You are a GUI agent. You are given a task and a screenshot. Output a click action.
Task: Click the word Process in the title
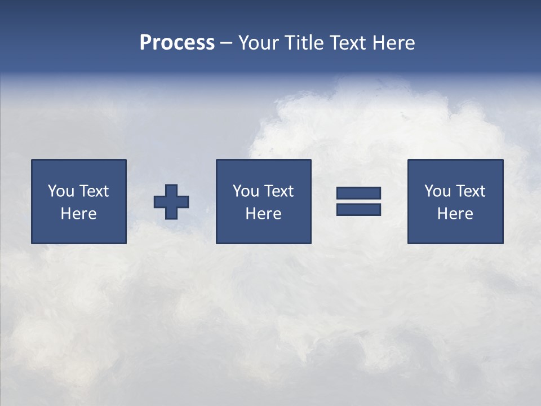click(x=177, y=43)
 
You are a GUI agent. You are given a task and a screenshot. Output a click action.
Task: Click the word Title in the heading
click(x=302, y=43)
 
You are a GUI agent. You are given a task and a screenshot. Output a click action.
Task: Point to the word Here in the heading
click(x=393, y=43)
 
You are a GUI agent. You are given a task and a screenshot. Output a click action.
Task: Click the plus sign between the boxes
click(x=171, y=201)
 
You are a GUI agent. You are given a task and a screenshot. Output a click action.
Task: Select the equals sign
click(x=358, y=201)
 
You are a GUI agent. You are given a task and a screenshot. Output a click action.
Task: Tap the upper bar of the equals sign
click(x=358, y=193)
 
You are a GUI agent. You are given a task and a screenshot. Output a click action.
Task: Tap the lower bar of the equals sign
click(x=358, y=209)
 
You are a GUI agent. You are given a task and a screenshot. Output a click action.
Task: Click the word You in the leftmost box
click(x=61, y=191)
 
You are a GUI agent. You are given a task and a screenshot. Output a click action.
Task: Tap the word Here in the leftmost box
click(x=79, y=214)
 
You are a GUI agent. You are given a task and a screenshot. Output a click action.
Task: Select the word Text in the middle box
click(x=279, y=191)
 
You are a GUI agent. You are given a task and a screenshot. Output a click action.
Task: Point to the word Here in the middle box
click(x=263, y=214)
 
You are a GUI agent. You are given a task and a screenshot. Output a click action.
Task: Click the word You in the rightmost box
click(x=437, y=191)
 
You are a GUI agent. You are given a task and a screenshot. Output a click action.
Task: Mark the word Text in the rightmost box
click(x=471, y=191)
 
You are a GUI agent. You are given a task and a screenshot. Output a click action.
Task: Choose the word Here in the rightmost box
click(x=455, y=214)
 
